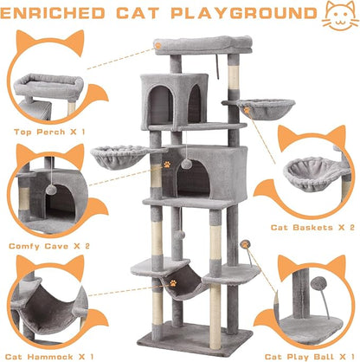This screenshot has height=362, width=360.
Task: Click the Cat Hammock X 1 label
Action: point(52,355)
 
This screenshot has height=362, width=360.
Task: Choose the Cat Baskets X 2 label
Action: point(314,226)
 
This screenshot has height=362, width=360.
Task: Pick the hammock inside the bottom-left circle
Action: point(43,313)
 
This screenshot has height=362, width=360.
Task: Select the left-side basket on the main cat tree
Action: point(119,156)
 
